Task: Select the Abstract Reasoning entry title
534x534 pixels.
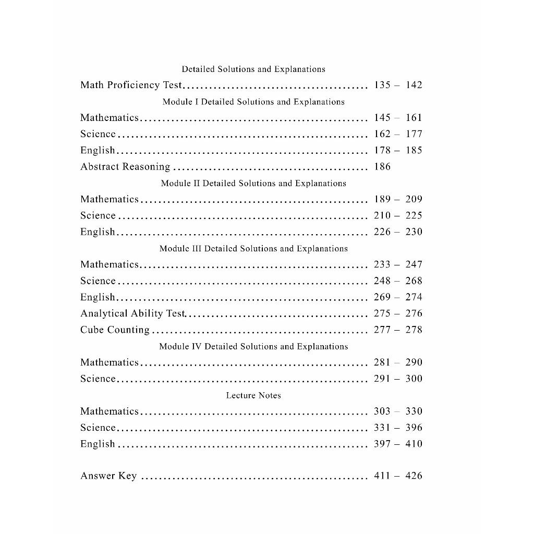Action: point(125,167)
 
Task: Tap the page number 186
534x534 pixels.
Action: point(382,167)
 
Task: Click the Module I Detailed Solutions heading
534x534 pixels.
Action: point(253,102)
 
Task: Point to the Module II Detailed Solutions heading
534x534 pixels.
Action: point(253,184)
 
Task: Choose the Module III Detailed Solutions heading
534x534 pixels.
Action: point(253,249)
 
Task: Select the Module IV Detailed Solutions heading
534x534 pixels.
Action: point(253,347)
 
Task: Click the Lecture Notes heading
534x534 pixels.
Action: point(253,396)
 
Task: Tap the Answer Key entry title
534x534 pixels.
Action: point(108,476)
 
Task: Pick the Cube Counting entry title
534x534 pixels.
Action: point(115,330)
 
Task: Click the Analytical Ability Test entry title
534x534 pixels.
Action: point(133,313)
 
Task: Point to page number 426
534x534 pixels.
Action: point(414,476)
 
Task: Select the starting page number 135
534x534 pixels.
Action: point(382,85)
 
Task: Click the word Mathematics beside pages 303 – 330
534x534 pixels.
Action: point(110,411)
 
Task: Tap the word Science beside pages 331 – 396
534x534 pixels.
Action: point(98,428)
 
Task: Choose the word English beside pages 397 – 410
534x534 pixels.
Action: point(98,444)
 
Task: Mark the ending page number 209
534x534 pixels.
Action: point(414,199)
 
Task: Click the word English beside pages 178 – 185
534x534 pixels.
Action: point(98,151)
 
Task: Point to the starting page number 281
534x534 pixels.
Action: point(382,362)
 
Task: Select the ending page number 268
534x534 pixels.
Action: point(414,281)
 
